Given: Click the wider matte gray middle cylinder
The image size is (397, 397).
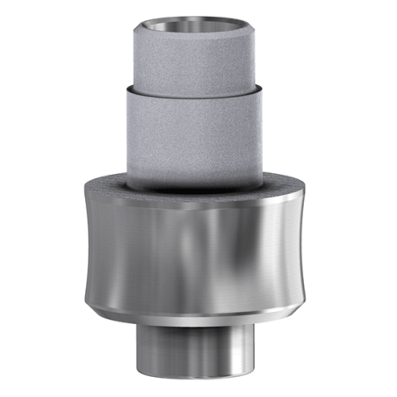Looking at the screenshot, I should (198, 132).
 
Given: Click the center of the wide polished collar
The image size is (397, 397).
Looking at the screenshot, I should (198, 246).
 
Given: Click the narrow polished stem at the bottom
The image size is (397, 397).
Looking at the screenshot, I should (198, 347).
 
